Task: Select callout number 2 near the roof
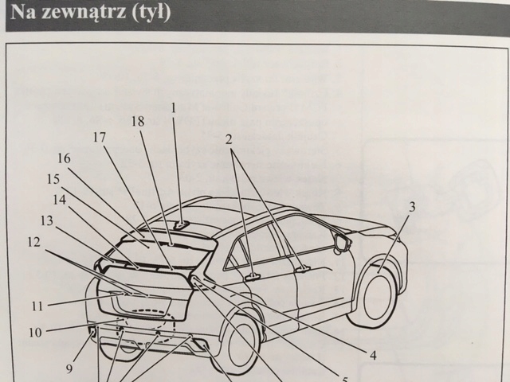pyautogui.click(x=229, y=138)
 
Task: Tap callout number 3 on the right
pyautogui.click(x=411, y=208)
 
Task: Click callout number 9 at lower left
pyautogui.click(x=69, y=368)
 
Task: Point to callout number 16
pyautogui.click(x=65, y=158)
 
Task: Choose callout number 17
pyautogui.click(x=99, y=137)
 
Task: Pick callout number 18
pyautogui.click(x=138, y=121)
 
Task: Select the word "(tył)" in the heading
pyautogui.click(x=151, y=14)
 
